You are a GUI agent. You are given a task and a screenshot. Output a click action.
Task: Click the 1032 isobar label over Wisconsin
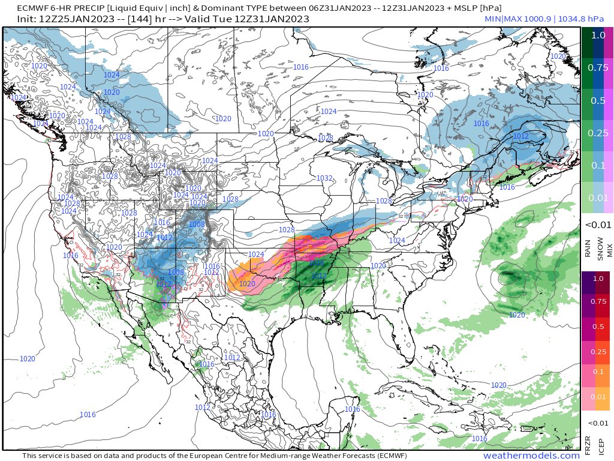pyautogui.click(x=324, y=178)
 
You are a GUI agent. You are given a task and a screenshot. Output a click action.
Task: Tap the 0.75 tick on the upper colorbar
pyautogui.click(x=598, y=68)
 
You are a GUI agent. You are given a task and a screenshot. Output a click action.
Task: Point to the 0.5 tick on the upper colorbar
pyautogui.click(x=598, y=100)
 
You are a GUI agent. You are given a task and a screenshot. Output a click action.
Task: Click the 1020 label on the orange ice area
pyautogui.click(x=247, y=284)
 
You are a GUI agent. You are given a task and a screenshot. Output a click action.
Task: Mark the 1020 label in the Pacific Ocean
pyautogui.click(x=27, y=358)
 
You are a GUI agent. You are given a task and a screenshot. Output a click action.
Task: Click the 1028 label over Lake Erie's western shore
pyautogui.click(x=384, y=201)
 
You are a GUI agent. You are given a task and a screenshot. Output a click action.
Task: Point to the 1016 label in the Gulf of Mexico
pyautogui.click(x=353, y=409)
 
